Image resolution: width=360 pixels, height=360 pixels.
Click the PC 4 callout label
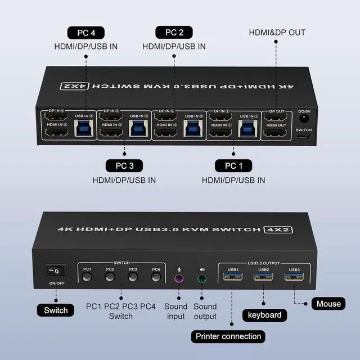[85, 32]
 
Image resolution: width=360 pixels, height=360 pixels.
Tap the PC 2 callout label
[174, 32]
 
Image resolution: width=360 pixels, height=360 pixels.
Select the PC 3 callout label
[124, 166]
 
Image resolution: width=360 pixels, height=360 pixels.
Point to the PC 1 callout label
[233, 166]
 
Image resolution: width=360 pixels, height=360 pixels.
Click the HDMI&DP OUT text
[277, 32]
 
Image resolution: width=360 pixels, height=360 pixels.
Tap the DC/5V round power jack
[304, 118]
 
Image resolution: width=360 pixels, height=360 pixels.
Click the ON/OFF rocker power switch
[56, 270]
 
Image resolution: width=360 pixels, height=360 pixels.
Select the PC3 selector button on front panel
[133, 277]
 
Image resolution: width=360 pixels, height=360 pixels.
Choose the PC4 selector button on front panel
[155, 277]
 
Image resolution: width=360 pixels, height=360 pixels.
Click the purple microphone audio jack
[179, 278]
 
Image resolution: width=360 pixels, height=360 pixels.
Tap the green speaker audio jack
[202, 278]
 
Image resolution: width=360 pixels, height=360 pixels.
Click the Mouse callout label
[328, 304]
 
